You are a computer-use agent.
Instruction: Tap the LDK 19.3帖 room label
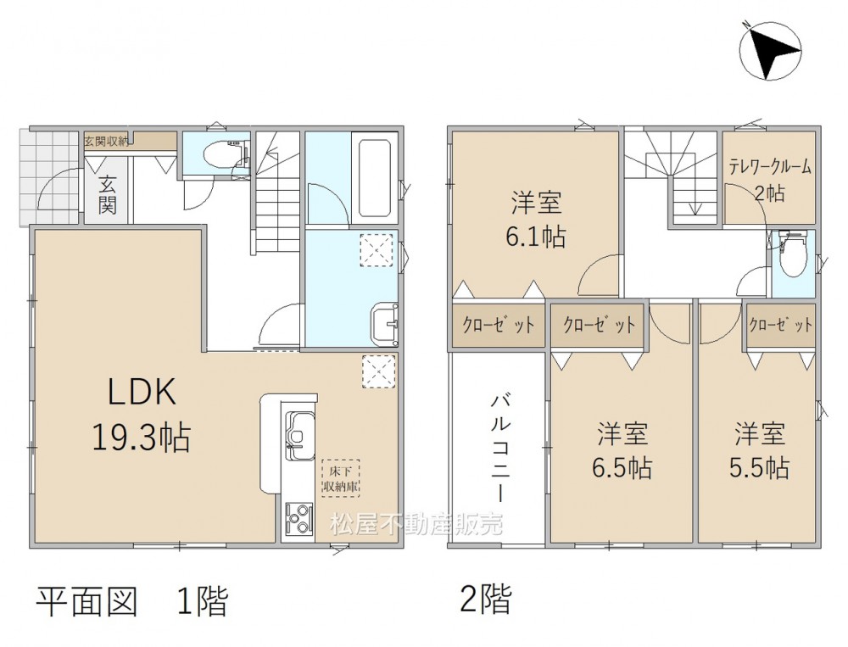tap(142, 414)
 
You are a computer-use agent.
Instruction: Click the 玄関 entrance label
tap(107, 195)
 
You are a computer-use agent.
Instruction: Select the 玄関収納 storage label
tap(106, 142)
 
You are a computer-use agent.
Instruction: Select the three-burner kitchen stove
tap(298, 518)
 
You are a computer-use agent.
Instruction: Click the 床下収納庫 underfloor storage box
tap(341, 478)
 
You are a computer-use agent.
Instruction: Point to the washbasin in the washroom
tap(384, 324)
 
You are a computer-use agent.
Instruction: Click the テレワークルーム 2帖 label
tap(770, 180)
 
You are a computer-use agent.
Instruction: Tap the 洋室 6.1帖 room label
tap(536, 220)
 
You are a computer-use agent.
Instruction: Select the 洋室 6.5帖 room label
tap(622, 450)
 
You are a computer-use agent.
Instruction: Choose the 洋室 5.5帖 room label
tap(759, 450)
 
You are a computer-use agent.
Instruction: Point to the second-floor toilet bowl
tap(794, 254)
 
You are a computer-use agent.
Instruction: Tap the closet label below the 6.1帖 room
tap(498, 325)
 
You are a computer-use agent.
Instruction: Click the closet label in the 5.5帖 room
tap(780, 325)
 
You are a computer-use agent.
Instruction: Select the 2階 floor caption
tap(485, 599)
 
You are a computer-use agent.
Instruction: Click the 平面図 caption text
tap(86, 600)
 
